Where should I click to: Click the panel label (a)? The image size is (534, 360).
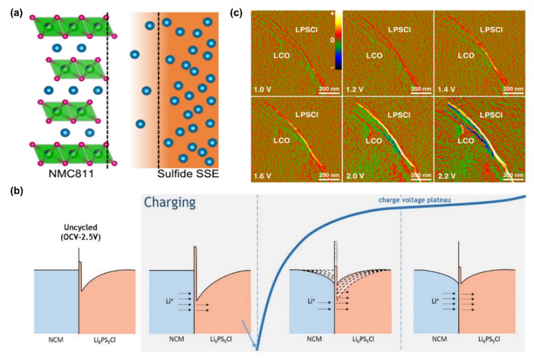coord(17,13)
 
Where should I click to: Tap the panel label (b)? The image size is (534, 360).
coord(17,191)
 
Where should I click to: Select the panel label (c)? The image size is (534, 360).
coord(236,13)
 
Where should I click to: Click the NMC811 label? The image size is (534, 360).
coord(71,174)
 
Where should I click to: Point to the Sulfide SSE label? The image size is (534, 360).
coord(188,174)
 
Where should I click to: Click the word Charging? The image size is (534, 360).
coord(170,202)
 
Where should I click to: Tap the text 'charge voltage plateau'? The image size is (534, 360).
coord(414,200)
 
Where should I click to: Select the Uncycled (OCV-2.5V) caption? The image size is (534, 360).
coord(81,232)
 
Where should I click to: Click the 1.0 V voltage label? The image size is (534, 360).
coord(263,90)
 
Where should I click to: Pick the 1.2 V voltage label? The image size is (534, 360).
coord(355,90)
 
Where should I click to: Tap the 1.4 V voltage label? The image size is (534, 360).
coord(446,90)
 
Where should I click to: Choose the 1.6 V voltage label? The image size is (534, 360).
coord(263,176)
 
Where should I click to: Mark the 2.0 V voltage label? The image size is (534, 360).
coord(355,176)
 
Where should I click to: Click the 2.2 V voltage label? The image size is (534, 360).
coord(446,176)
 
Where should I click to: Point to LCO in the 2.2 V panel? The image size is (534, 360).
coord(465,140)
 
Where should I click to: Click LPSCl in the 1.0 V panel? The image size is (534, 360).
coord(307,30)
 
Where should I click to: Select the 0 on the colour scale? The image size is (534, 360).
coord(332,40)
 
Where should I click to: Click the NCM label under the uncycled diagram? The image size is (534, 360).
coord(56,339)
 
